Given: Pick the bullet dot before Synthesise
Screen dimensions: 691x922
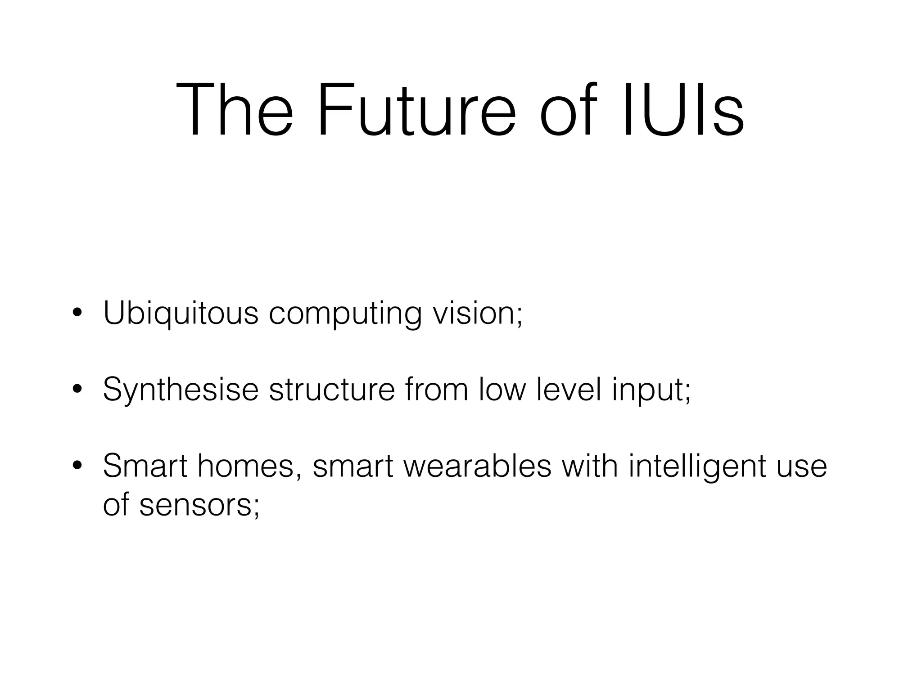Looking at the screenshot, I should click(x=77, y=389).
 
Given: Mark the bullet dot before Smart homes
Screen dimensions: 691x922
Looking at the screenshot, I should click(x=77, y=466).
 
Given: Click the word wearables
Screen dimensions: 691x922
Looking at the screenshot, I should click(x=477, y=467).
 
